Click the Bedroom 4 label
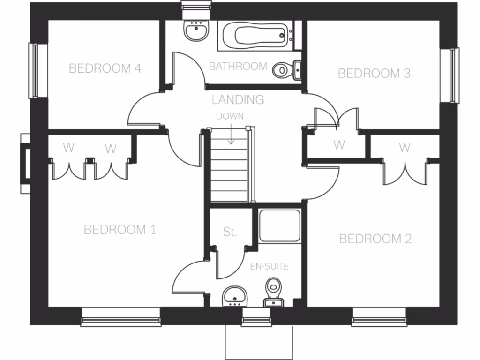tap(105, 68)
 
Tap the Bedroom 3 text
tap(374, 73)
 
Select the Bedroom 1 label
tap(120, 230)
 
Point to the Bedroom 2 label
tap(375, 239)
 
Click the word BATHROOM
tap(238, 67)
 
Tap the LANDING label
tap(238, 99)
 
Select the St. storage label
tap(230, 232)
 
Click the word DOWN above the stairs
tap(230, 116)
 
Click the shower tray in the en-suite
tap(280, 226)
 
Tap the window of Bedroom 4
tap(33, 70)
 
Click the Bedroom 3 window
tap(453, 75)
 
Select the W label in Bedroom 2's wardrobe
tap(404, 148)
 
